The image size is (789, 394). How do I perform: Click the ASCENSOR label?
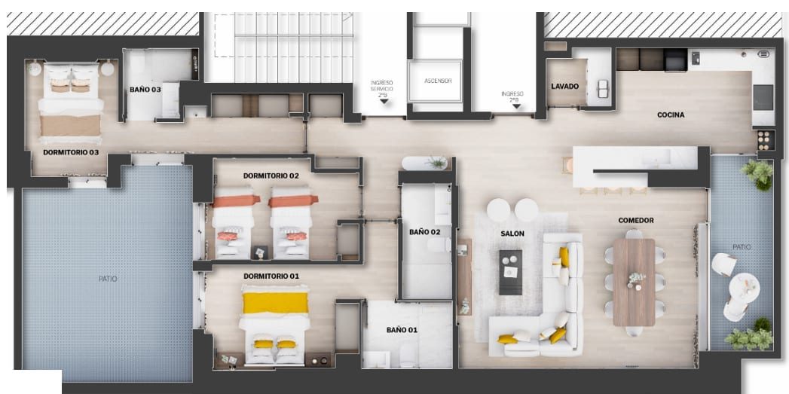pos(438,81)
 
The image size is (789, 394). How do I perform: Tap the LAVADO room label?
pos(564,86)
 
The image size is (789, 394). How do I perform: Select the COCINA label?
pos(671,115)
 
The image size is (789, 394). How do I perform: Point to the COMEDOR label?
pos(636,221)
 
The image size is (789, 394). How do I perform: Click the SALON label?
pos(512,234)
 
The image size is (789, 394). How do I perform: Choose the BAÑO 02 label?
pos(425,232)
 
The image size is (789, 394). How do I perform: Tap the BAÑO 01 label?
pos(402,330)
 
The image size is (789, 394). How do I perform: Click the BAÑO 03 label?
pos(145,90)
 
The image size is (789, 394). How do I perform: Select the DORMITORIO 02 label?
pos(271,176)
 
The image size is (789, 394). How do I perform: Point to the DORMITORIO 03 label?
pos(70,152)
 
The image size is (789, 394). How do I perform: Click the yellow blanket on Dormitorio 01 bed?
pos(275,303)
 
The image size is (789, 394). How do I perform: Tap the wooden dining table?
pos(634,283)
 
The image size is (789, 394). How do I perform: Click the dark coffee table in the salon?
pos(511,272)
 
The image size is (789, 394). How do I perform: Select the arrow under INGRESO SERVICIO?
pos(384,101)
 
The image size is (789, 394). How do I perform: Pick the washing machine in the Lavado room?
pos(602,89)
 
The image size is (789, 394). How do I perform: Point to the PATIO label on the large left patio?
pos(108,279)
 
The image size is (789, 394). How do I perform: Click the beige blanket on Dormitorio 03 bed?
pos(70,125)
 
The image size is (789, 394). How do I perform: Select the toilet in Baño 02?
pos(439,245)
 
